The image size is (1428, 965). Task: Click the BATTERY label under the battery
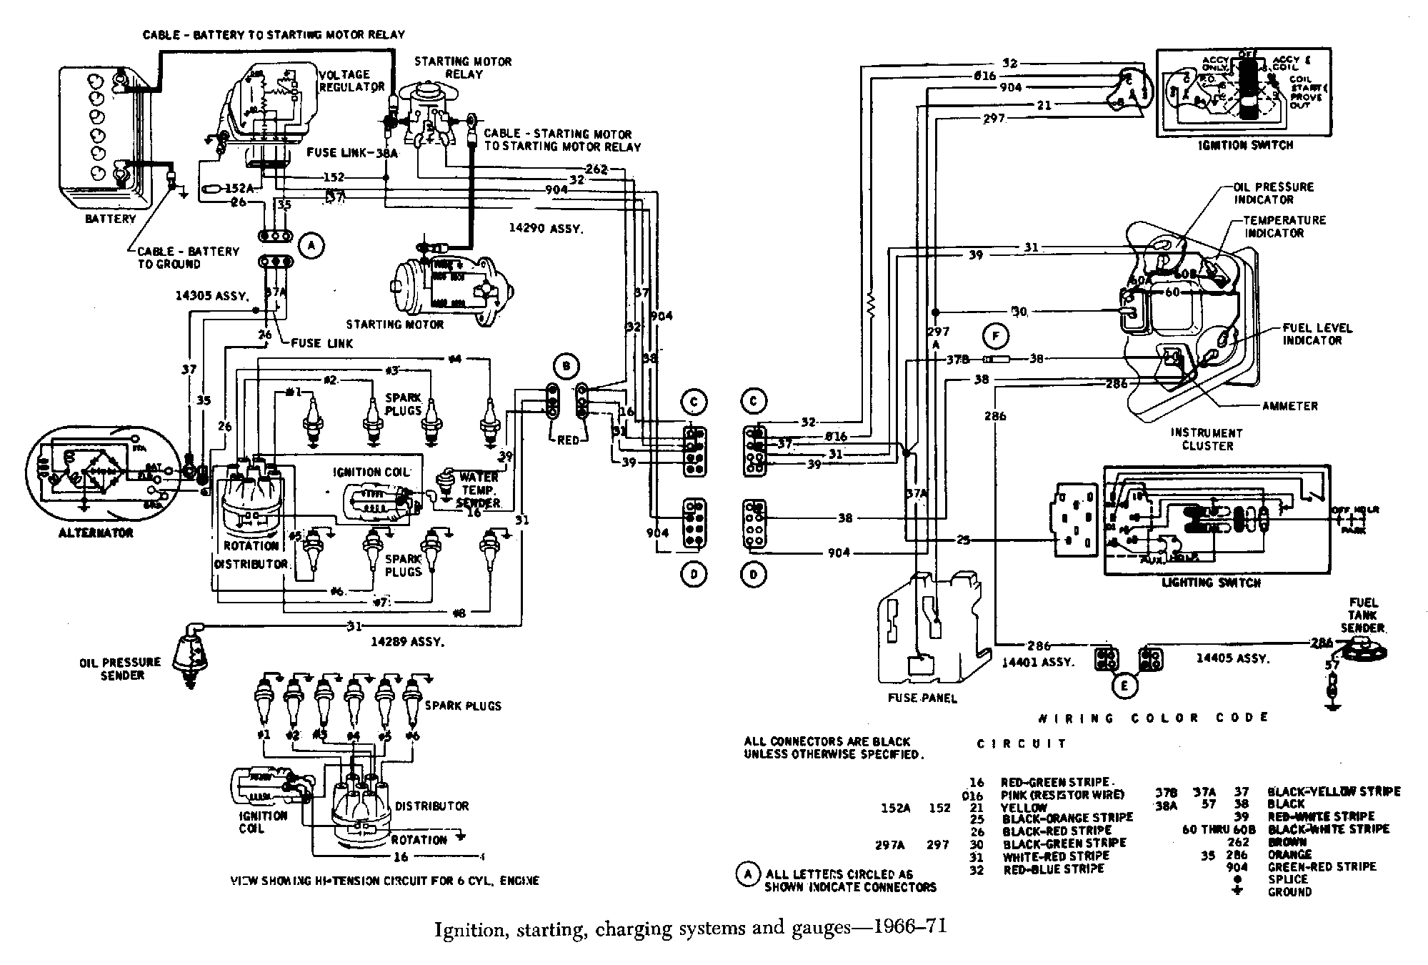tap(110, 219)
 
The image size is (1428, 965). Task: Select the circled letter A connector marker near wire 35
tap(310, 247)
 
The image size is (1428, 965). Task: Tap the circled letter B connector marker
tap(566, 367)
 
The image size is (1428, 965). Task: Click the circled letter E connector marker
tap(1124, 687)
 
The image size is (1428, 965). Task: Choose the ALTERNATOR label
tap(96, 533)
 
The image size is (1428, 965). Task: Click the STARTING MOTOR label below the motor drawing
tap(395, 325)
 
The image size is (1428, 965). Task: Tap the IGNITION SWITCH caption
tap(1246, 145)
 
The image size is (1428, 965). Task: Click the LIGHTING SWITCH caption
tap(1211, 583)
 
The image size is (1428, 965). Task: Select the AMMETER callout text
tap(1289, 406)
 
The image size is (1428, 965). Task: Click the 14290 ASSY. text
tap(546, 229)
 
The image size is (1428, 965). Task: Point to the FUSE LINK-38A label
tap(346, 153)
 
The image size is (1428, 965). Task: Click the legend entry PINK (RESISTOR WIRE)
tap(1062, 795)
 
